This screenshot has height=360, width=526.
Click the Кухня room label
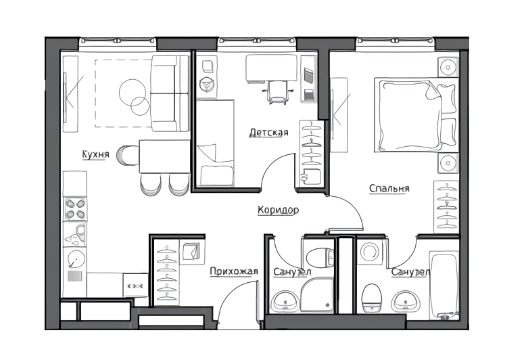(95, 154)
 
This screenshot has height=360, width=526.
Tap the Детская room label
(268, 133)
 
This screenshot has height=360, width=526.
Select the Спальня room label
(389, 188)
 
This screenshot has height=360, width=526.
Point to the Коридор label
(278, 210)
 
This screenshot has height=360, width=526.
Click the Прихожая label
(234, 271)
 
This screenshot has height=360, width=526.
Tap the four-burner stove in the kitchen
(75, 209)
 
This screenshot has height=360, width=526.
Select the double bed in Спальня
(416, 115)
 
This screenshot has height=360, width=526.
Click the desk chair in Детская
(277, 92)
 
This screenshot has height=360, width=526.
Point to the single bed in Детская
(215, 143)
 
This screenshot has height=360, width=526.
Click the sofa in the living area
(170, 93)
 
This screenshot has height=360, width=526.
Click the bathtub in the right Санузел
(444, 286)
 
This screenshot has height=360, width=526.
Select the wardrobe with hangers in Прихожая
(167, 272)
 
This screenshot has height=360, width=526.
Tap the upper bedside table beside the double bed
(448, 67)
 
